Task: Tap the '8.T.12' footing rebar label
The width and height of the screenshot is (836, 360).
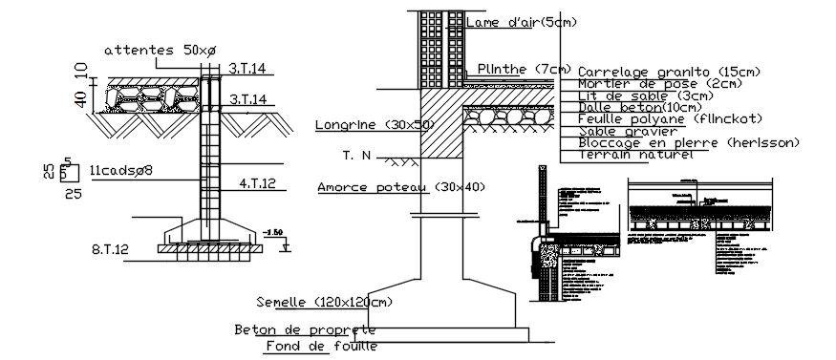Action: (110, 249)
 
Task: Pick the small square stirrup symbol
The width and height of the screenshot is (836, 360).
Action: (67, 173)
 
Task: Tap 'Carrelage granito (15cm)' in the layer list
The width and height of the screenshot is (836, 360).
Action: (655, 72)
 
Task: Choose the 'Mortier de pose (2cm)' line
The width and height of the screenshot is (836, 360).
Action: (646, 84)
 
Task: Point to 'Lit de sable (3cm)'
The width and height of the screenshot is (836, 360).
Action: (632, 95)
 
